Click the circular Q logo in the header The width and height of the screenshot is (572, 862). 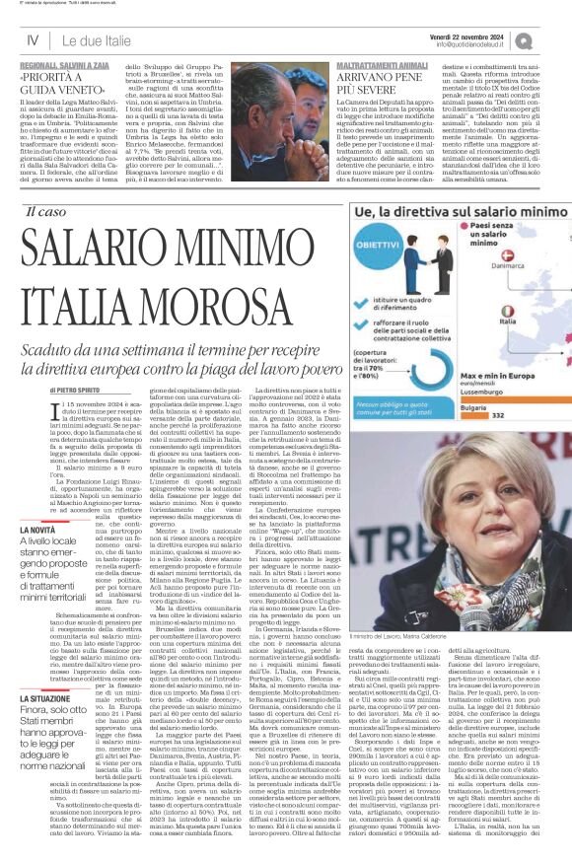(549, 40)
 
